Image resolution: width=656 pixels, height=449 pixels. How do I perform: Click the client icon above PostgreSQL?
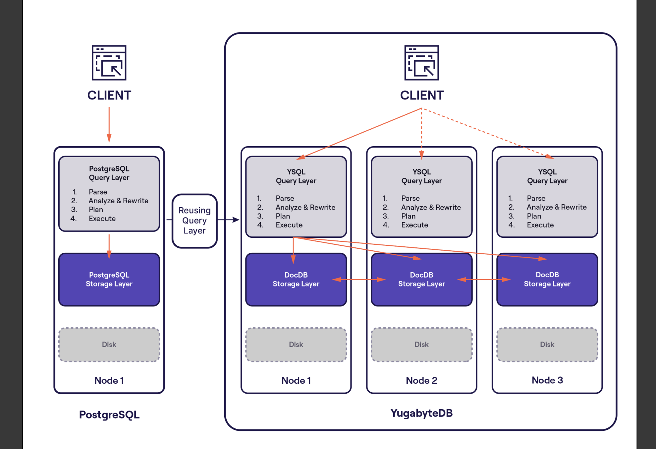109,63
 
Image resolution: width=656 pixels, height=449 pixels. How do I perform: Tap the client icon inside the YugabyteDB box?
421,63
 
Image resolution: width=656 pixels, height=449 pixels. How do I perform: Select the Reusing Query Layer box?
194,221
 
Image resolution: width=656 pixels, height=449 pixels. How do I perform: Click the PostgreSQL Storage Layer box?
109,280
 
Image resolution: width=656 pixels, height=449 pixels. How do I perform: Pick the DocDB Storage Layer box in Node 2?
421,280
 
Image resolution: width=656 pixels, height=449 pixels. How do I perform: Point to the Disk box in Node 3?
547,345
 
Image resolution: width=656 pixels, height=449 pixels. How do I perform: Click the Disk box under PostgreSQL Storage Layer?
109,345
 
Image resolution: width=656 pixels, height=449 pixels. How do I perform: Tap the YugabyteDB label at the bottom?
421,413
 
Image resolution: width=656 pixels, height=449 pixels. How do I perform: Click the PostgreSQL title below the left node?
109,415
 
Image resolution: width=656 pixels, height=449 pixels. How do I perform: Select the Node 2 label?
421,380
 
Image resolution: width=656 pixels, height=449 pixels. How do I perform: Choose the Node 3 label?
547,380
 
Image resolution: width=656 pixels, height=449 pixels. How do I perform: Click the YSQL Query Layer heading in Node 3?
547,176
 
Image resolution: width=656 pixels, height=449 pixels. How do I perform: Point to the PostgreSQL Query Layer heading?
109,173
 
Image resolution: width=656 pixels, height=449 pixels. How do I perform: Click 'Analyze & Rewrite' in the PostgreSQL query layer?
118,201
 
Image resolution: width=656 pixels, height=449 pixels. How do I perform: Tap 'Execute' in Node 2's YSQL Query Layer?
414,225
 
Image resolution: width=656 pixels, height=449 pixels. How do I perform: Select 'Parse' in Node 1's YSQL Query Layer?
285,198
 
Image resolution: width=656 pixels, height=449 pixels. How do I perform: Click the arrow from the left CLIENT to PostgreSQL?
109,125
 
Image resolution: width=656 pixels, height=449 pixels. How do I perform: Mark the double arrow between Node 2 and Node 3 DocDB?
484,280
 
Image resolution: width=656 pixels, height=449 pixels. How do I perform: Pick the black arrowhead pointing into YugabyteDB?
236,220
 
